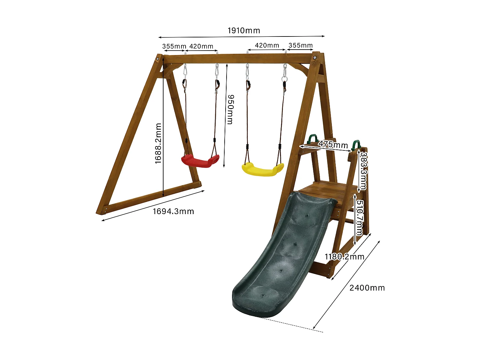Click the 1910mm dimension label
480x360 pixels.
coord(244,31)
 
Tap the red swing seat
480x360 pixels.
coord(200,161)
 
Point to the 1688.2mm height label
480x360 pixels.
coord(158,144)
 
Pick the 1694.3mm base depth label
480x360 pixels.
coord(173,212)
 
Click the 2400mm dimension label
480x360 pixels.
coord(367,288)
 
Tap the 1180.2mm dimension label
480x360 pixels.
coord(344,257)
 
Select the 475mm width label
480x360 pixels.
coord(333,145)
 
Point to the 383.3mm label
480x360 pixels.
coord(364,171)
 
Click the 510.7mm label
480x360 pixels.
coord(360,218)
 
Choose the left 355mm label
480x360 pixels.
coord(174,46)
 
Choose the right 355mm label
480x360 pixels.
coord(300,45)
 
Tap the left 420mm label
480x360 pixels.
coord(201,46)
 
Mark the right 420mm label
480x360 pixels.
coord(267,45)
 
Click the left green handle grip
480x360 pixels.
coord(312,139)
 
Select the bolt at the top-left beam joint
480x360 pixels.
coord(158,60)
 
